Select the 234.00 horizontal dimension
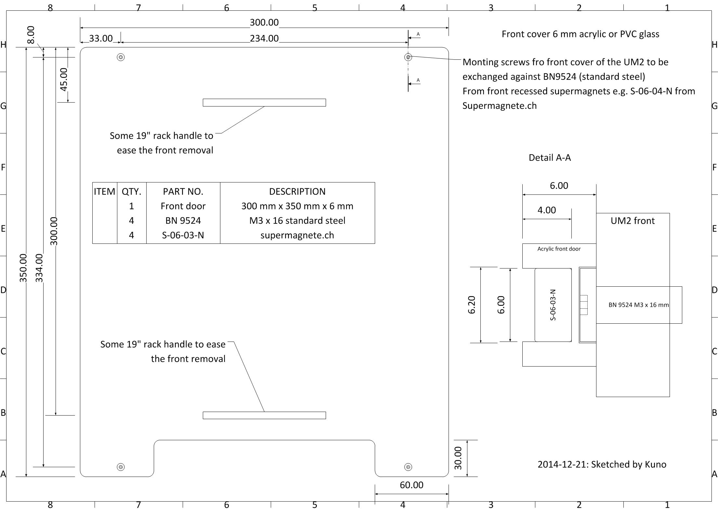click(264, 39)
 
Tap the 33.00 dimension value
click(101, 38)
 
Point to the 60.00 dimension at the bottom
click(411, 485)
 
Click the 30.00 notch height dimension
click(458, 458)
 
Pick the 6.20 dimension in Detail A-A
click(472, 305)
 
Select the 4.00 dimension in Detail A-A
click(546, 210)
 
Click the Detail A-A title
click(550, 158)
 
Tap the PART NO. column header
click(183, 192)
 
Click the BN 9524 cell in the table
click(183, 221)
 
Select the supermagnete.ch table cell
click(297, 235)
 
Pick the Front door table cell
click(183, 206)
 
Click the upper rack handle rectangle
click(264, 103)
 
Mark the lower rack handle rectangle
click(264, 415)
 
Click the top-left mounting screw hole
click(121, 57)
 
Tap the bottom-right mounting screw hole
click(408, 467)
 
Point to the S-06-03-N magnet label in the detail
click(553, 305)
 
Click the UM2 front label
click(632, 221)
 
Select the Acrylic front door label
click(559, 249)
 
